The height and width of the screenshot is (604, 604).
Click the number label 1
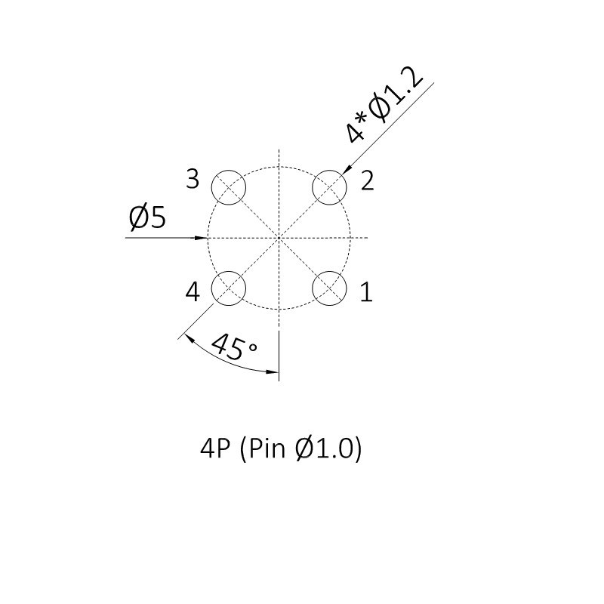[x=366, y=292]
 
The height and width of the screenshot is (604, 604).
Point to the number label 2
[x=367, y=180]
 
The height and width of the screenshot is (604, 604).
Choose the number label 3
[x=193, y=179]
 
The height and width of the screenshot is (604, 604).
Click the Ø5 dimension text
[x=147, y=217]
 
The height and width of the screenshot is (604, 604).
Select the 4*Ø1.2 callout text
[x=384, y=105]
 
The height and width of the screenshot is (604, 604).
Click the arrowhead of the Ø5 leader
[x=202, y=238]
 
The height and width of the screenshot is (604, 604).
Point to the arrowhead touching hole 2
[x=347, y=170]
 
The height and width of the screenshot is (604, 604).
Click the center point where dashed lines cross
[x=279, y=238]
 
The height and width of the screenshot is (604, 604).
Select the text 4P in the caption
[x=215, y=448]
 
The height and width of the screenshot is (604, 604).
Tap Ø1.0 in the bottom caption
[x=325, y=448]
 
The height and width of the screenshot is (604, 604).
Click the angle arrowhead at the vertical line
[x=273, y=371]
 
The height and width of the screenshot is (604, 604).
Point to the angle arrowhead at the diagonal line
[x=190, y=338]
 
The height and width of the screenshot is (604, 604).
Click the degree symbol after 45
[x=253, y=347]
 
